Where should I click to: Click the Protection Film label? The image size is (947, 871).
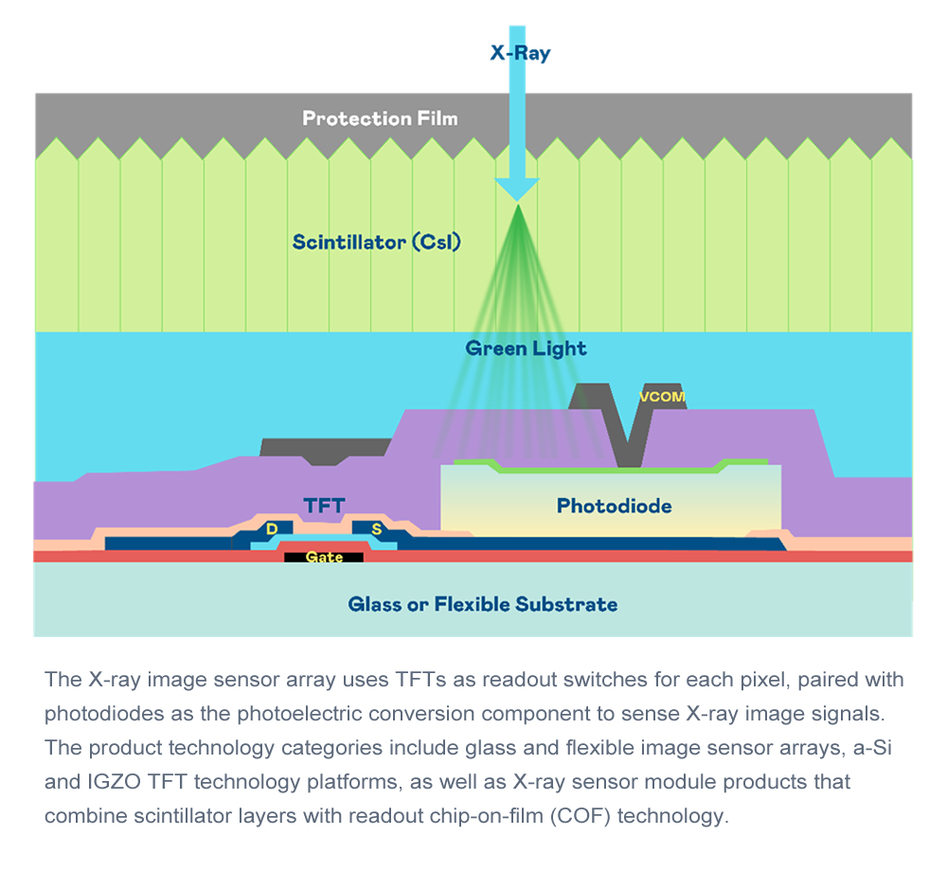(380, 118)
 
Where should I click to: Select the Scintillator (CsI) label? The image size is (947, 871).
(376, 242)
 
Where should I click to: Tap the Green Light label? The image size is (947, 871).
(526, 348)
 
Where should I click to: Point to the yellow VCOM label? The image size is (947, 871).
(662, 397)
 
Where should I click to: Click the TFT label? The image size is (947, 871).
(324, 505)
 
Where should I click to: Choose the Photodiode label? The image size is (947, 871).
(614, 506)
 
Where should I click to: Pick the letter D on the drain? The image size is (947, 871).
(272, 528)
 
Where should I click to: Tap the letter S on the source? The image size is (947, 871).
(376, 528)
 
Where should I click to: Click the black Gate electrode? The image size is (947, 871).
(324, 557)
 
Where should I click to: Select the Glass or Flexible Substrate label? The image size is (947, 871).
(483, 603)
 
